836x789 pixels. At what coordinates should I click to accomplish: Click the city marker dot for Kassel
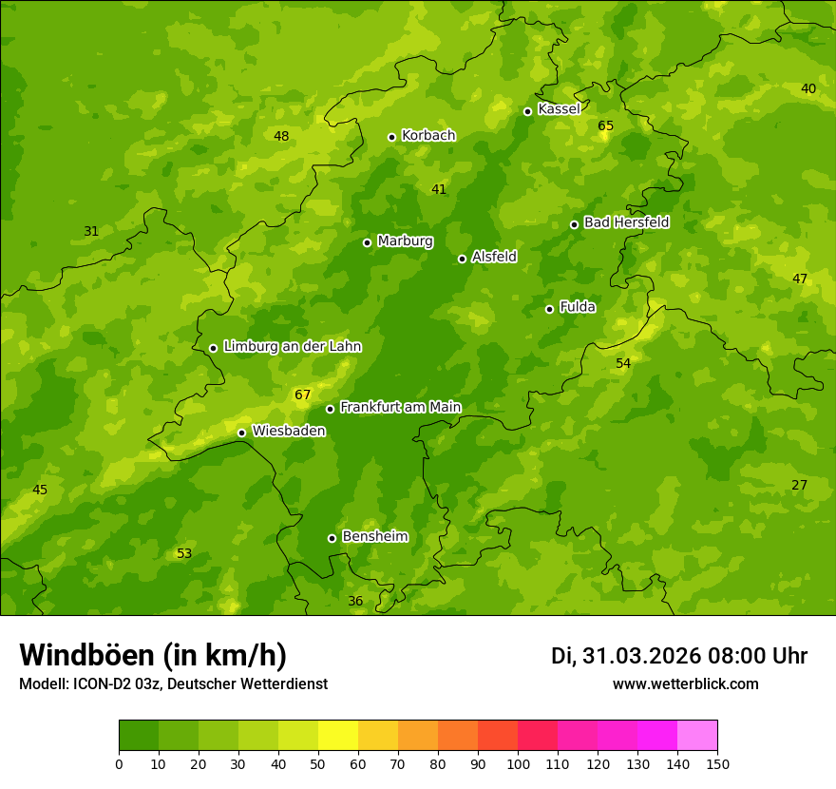[x=527, y=111]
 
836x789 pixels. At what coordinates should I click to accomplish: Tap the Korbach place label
[x=428, y=136]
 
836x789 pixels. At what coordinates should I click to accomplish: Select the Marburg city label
[x=405, y=241]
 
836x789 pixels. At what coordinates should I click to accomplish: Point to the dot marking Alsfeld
[x=462, y=259]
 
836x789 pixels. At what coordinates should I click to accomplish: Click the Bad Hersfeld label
[x=626, y=222]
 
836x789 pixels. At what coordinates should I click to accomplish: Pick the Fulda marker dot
[x=549, y=309]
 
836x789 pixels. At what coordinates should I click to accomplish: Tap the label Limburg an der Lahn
[x=292, y=347]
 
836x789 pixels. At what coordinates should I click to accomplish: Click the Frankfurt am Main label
[x=400, y=407]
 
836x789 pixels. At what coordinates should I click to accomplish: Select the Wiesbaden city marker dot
[x=241, y=433]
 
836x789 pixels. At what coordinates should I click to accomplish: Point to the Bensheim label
[x=374, y=536]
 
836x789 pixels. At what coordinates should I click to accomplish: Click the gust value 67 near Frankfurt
[x=303, y=395]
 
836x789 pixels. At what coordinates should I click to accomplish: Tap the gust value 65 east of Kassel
[x=606, y=126]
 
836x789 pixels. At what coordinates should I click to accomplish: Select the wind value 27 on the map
[x=800, y=486]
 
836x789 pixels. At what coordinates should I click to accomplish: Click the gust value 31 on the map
[x=91, y=232]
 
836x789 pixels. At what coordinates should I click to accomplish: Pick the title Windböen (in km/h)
[x=153, y=655]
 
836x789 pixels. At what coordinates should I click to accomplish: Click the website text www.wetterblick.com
[x=685, y=684]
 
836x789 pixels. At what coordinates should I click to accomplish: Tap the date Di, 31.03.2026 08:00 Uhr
[x=679, y=656]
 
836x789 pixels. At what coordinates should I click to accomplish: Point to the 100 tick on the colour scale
[x=518, y=763]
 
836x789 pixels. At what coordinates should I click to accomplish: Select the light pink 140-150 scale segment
[x=697, y=736]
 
